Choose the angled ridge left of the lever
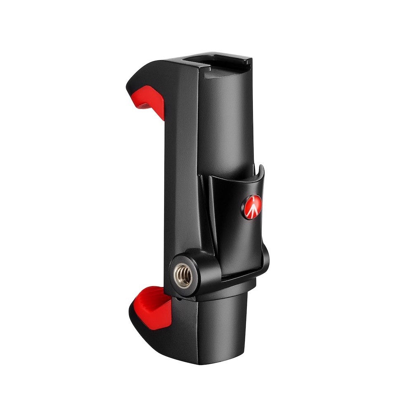coord(206,206)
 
